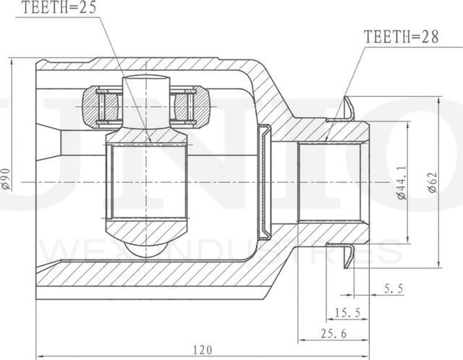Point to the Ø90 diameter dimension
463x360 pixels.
[x=7, y=178]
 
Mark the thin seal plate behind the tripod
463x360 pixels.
[x=266, y=181]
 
